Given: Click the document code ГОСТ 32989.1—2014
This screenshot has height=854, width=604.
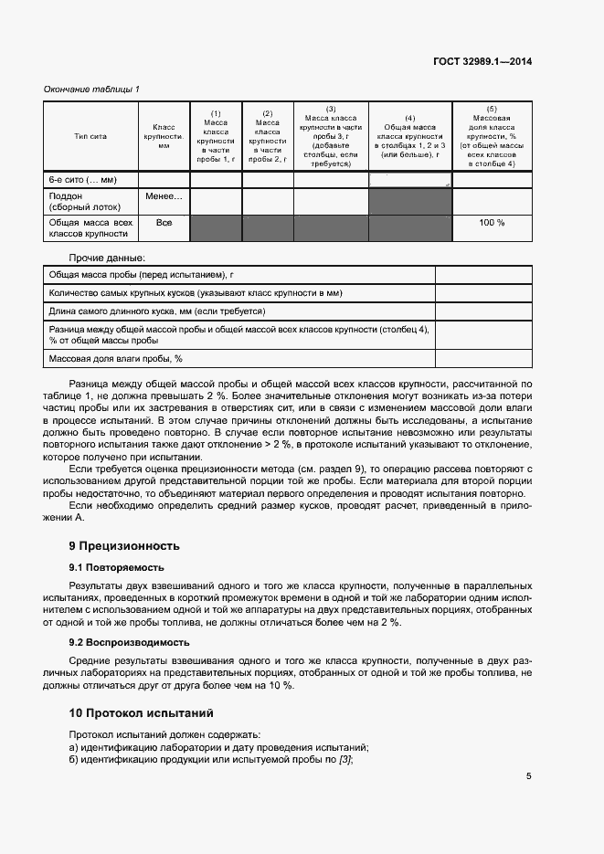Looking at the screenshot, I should point(482,61).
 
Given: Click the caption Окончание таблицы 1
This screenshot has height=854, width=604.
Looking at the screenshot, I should point(91,89).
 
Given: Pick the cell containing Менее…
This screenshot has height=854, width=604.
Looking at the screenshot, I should point(164,196).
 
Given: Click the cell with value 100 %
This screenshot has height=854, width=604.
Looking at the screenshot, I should point(492,223).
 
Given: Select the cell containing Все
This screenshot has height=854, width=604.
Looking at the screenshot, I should point(164,223).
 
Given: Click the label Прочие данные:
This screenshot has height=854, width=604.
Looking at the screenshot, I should point(107,258).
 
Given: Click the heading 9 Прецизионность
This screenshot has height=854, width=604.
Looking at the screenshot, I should point(124,546).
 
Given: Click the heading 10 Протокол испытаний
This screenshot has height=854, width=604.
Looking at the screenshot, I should point(142,712).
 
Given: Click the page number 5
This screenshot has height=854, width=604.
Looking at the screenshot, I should point(528,776).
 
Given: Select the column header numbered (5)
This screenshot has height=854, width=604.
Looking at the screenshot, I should point(492,135).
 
